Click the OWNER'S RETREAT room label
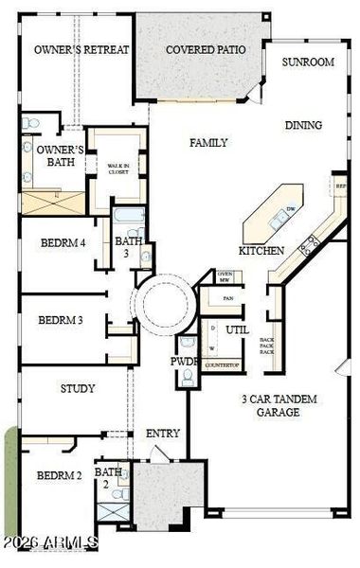click(x=81, y=49)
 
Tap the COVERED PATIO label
click(x=206, y=49)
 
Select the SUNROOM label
click(x=308, y=62)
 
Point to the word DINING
click(x=303, y=125)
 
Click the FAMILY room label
click(x=208, y=143)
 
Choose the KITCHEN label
click(x=261, y=251)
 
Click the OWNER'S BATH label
click(x=60, y=156)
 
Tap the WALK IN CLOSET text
click(x=117, y=169)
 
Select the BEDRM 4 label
click(x=63, y=243)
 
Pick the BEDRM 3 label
click(x=61, y=321)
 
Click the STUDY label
click(x=78, y=388)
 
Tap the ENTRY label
click(x=163, y=434)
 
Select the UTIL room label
click(x=237, y=330)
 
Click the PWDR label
click(x=184, y=362)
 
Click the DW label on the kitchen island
click(x=291, y=210)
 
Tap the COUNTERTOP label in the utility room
click(x=222, y=364)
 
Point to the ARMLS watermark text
click(x=49, y=542)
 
